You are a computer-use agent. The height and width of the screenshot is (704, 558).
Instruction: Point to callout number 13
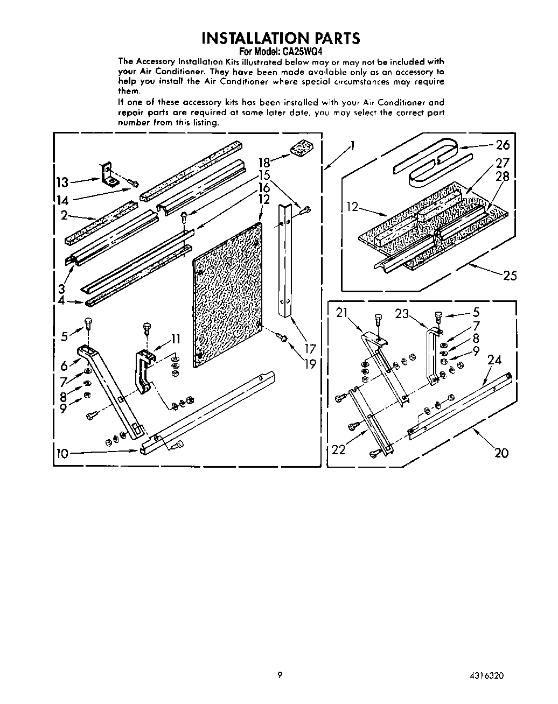[63, 182]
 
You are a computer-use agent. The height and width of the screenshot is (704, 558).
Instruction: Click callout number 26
[502, 145]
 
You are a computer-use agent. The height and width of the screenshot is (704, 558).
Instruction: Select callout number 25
[509, 276]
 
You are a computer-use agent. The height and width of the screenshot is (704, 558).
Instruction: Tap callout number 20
[501, 453]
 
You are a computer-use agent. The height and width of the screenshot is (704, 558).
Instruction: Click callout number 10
[62, 453]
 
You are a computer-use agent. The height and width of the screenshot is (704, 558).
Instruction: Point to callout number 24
[494, 359]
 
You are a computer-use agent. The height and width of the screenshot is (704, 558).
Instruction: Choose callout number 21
[342, 313]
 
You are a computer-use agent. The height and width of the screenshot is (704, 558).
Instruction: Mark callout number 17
[310, 349]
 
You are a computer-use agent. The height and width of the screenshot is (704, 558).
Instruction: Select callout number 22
[338, 449]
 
